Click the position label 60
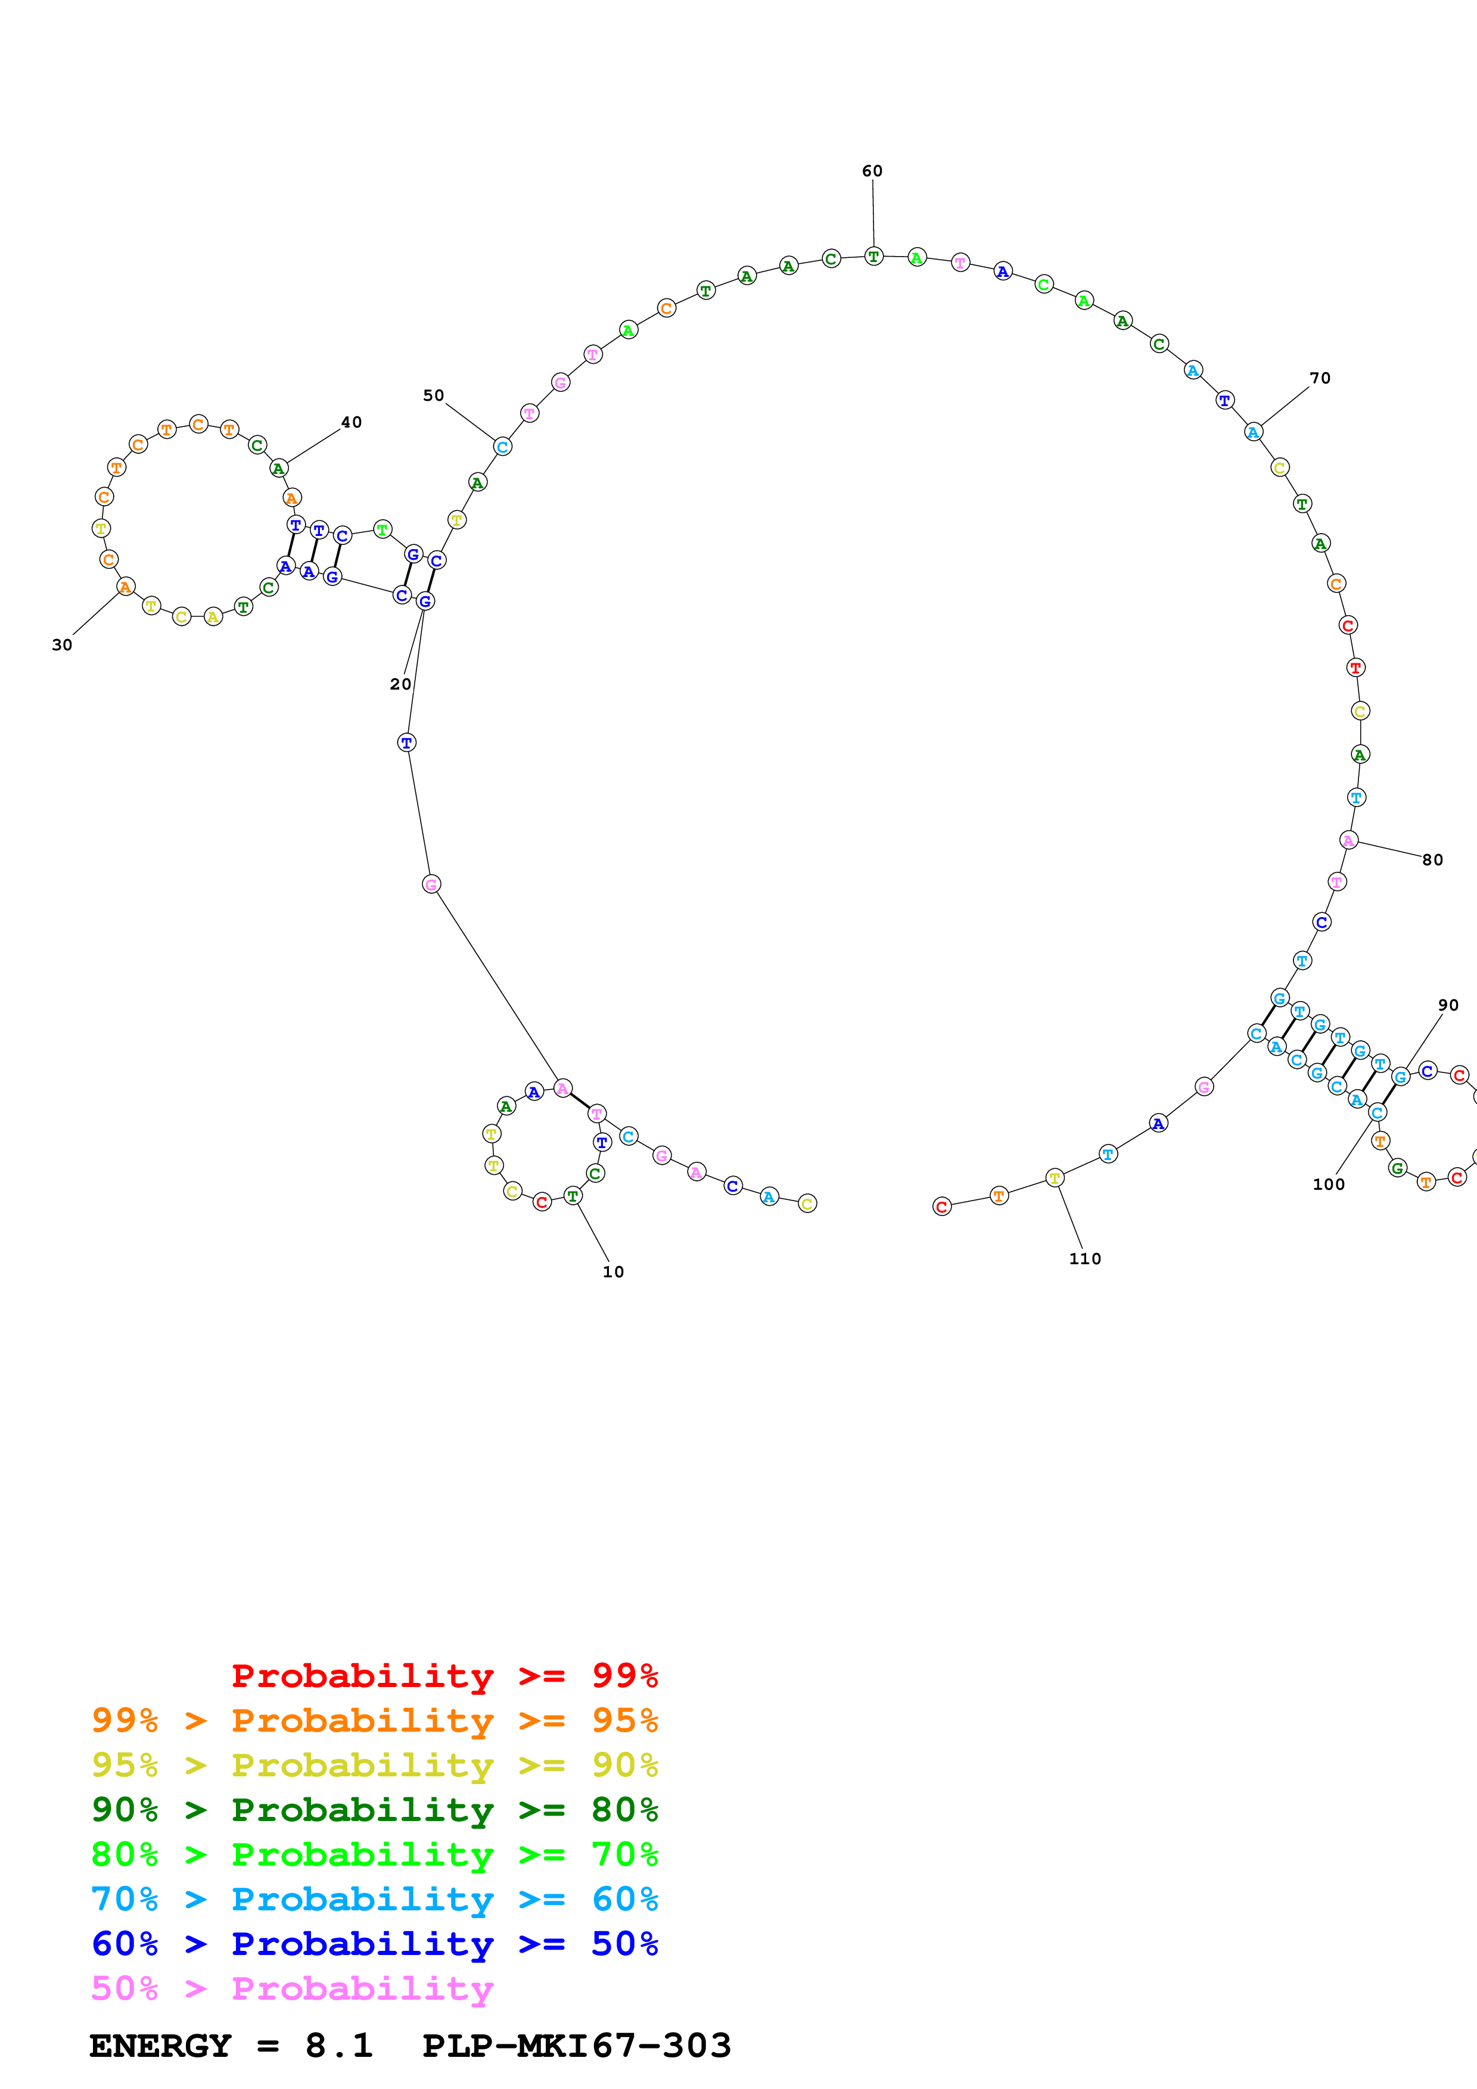[x=872, y=171]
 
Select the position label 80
[x=1432, y=860]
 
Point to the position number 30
[x=62, y=645]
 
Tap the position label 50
[x=433, y=396]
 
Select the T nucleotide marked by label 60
[x=873, y=257]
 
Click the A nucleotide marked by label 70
[x=1253, y=432]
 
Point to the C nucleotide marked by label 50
[x=502, y=447]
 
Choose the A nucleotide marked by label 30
[x=126, y=587]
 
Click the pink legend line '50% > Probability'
[x=291, y=1989]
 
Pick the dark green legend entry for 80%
[x=374, y=1810]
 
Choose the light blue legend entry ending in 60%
[x=374, y=1900]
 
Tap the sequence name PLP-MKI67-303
[x=577, y=2046]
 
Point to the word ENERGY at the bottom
[x=160, y=2046]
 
